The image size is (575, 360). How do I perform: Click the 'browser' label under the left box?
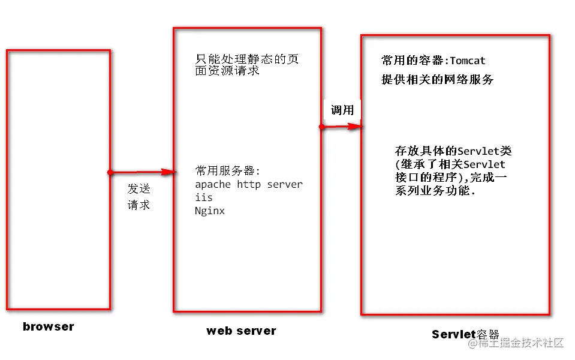[x=49, y=327]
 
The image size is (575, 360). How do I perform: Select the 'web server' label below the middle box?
[x=241, y=331]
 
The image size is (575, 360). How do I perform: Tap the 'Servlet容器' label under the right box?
[x=465, y=334]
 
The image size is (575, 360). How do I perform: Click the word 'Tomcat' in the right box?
[x=468, y=61]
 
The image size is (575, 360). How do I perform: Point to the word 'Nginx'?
[x=210, y=211]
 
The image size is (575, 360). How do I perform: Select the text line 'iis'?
[x=204, y=197]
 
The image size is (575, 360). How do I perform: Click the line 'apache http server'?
[x=249, y=184]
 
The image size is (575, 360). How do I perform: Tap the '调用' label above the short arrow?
[x=342, y=110]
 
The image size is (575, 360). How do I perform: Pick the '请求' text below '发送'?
[x=139, y=205]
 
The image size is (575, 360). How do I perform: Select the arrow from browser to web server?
[x=143, y=172]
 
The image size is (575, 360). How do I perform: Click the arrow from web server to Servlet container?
[x=342, y=127]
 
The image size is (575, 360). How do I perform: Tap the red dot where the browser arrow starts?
[x=110, y=172]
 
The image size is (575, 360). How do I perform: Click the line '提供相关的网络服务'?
[x=438, y=79]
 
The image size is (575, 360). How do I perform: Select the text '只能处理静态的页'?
[x=247, y=59]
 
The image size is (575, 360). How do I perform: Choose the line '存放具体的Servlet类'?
[x=453, y=151]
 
